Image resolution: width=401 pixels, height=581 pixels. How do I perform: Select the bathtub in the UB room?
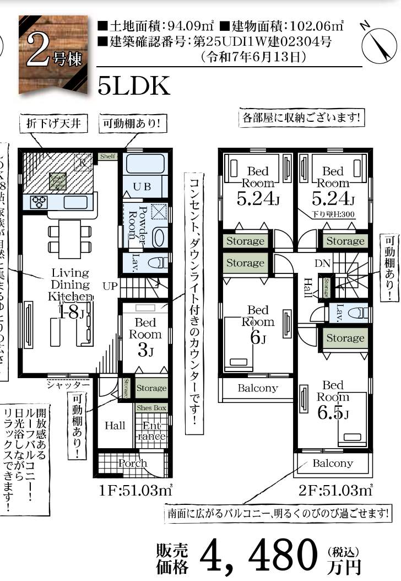[x=143, y=164]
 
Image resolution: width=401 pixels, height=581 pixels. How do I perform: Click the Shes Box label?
[x=151, y=408]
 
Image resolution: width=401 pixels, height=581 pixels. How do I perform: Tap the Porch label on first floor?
[x=133, y=463]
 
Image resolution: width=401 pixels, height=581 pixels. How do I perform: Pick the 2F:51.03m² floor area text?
[x=335, y=488]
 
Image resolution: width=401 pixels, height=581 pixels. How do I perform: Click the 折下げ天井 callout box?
[x=53, y=124]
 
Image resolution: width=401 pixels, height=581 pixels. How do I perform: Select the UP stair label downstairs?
[x=110, y=286]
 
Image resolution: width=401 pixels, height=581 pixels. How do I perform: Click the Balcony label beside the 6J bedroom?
[x=257, y=388]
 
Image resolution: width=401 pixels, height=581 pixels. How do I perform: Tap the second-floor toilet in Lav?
[x=358, y=313]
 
